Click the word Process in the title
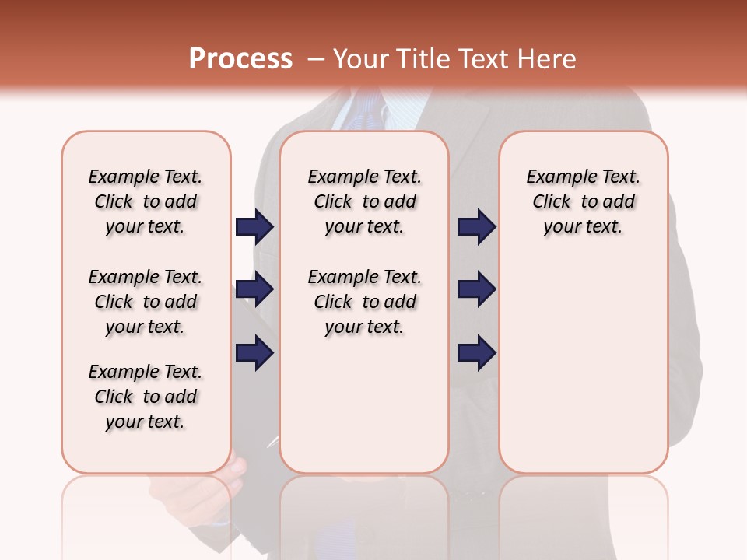(x=240, y=59)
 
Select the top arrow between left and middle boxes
(x=254, y=227)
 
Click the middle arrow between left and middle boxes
(x=254, y=290)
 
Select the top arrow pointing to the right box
(x=476, y=227)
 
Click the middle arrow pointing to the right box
(x=476, y=290)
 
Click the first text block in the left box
(x=146, y=201)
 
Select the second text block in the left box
(x=146, y=302)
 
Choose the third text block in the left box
(x=146, y=397)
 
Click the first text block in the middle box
(x=364, y=201)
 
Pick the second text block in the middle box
(x=364, y=302)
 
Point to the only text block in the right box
(x=583, y=201)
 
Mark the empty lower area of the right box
(x=583, y=366)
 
